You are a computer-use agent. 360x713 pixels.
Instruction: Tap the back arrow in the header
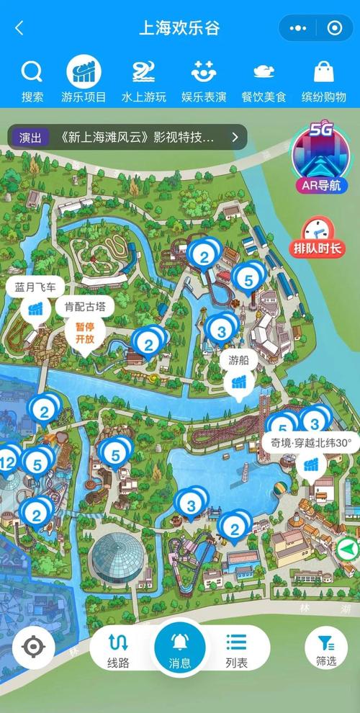pos(19,29)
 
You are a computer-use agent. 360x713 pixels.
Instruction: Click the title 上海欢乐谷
pos(179,29)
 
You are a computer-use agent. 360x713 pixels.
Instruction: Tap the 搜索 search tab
pos(32,81)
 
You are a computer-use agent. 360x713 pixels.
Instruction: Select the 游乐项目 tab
pos(84,81)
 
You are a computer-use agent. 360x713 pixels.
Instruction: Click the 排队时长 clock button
pos(317,238)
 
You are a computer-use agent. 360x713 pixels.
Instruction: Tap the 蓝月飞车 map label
pos(35,287)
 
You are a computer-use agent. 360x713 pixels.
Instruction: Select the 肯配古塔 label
pos(84,307)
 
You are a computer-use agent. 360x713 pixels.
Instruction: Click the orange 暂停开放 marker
pos(84,333)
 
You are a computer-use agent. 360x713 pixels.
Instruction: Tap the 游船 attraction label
pos(239,360)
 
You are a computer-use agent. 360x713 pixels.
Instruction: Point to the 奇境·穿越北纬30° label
pos(310,443)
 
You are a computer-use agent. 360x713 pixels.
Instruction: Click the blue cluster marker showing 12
pos(9,461)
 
